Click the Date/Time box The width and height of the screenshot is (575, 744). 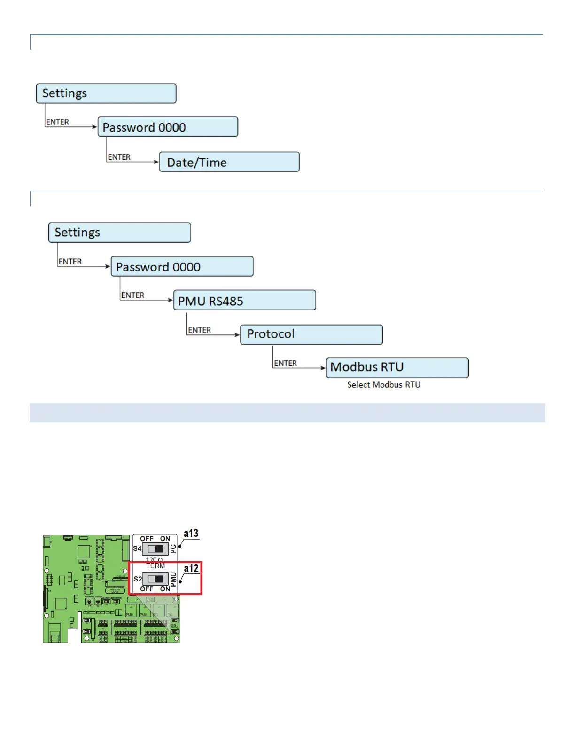229,162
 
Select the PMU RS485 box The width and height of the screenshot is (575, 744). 244,301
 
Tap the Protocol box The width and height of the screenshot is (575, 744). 311,334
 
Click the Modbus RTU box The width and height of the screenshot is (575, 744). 397,367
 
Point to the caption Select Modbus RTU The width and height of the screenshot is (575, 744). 384,385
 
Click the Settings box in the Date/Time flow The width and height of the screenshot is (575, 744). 106,93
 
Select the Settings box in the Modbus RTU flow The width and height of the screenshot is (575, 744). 119,232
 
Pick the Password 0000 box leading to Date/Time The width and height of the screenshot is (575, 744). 168,127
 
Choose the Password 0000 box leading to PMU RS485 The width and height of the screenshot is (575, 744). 182,267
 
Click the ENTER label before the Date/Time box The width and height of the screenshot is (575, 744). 119,157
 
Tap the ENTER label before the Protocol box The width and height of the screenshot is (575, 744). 200,330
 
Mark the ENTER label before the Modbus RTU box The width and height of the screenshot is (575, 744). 286,363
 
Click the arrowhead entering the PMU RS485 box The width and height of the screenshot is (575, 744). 171,300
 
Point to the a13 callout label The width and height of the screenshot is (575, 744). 191,534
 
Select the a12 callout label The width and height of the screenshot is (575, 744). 191,568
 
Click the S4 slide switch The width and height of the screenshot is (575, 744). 155,549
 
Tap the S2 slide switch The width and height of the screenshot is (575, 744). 155,579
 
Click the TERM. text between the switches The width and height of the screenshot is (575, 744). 156,566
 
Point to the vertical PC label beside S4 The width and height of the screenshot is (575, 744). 173,549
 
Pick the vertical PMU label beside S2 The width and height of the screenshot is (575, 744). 173,579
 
